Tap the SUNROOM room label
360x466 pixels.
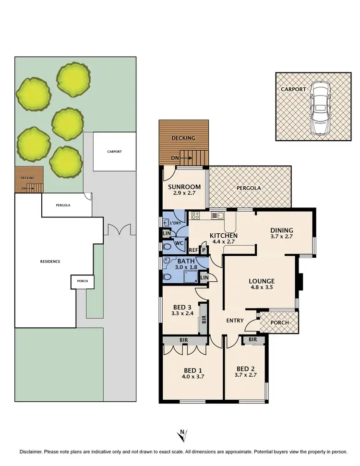point(184,187)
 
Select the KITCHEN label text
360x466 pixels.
point(224,236)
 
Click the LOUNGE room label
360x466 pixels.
point(261,281)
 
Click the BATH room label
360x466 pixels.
point(186,261)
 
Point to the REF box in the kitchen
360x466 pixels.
point(193,250)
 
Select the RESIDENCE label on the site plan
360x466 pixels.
point(49,261)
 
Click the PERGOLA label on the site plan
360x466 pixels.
point(63,205)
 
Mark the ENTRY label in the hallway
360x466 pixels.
point(235,321)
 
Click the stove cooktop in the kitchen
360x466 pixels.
point(195,215)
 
